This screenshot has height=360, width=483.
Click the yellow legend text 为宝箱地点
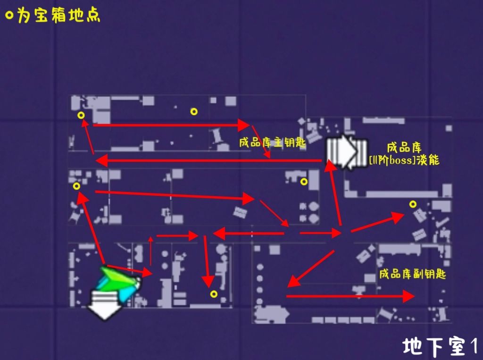pyautogui.click(x=59, y=16)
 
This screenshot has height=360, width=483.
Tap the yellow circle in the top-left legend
pyautogui.click(x=9, y=16)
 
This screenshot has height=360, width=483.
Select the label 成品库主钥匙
pyautogui.click(x=272, y=142)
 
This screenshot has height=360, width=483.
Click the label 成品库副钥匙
pyautogui.click(x=412, y=274)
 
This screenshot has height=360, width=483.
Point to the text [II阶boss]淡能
pyautogui.click(x=404, y=160)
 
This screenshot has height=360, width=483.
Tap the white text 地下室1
pyautogui.click(x=441, y=346)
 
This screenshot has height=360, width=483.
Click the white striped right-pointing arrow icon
pyautogui.click(x=347, y=151)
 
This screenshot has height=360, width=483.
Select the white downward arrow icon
pyautogui.click(x=105, y=304)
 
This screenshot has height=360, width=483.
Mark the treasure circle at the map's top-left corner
pyautogui.click(x=81, y=115)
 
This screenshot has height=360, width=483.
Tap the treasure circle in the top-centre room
pyautogui.click(x=194, y=111)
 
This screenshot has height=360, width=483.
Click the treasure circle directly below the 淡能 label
pyautogui.click(x=413, y=204)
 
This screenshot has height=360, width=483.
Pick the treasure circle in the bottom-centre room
pyautogui.click(x=214, y=294)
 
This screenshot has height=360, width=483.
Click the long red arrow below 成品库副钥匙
pyautogui.click(x=350, y=296)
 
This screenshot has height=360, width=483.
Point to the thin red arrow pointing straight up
pyautogui.click(x=150, y=251)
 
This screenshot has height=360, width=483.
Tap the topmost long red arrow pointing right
pyautogui.click(x=171, y=125)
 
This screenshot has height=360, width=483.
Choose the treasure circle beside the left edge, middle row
pyautogui.click(x=76, y=186)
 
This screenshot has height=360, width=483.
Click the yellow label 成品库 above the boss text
pyautogui.click(x=404, y=148)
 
